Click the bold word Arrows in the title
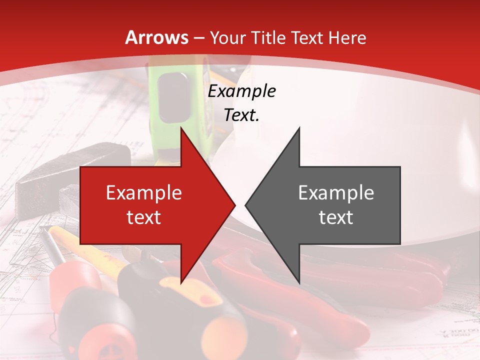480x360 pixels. [157, 37]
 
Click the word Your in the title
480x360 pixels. [227, 38]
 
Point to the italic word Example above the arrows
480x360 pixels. [241, 91]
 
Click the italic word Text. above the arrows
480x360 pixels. [241, 115]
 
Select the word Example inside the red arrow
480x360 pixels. [143, 193]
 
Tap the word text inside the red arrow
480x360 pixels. [143, 217]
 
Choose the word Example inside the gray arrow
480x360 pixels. [336, 193]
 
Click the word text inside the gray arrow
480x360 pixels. [336, 217]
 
